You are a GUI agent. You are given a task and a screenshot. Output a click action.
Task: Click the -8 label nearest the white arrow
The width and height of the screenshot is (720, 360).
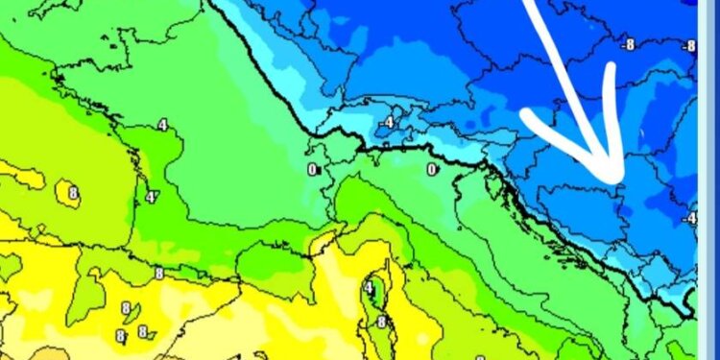629,44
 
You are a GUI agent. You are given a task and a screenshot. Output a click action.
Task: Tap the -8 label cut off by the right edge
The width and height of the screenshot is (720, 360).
688,45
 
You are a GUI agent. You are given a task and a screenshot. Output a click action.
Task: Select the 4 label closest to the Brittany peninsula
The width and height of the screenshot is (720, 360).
162,125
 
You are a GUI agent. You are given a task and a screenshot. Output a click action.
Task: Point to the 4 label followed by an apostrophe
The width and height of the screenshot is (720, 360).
151,197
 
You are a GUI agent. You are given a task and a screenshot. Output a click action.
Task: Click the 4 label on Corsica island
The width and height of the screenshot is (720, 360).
369,288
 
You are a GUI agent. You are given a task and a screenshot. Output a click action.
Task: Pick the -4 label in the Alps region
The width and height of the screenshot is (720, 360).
387,123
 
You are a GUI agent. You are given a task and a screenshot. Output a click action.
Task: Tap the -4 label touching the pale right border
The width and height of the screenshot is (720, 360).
688,218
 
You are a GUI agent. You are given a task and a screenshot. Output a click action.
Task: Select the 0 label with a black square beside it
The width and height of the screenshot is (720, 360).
311,169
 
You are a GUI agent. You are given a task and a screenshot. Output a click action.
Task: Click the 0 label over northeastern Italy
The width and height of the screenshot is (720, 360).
432,169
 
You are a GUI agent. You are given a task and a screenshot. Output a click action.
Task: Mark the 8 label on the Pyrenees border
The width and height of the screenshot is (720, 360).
158,273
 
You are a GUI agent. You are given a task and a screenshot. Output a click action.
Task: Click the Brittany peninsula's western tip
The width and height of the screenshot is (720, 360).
58,77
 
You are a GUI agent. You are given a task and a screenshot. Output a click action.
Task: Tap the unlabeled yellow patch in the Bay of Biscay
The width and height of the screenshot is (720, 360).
24,178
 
